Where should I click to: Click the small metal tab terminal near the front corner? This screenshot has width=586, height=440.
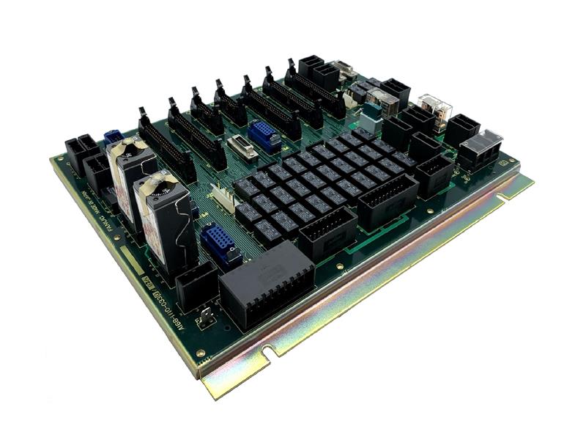(209, 317)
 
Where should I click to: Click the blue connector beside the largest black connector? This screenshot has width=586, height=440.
(220, 242)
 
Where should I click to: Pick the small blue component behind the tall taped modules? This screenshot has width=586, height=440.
(112, 137)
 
